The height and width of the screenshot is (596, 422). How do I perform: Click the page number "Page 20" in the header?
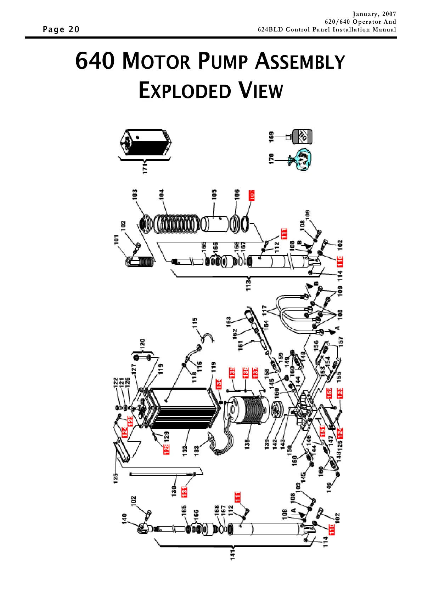tap(61, 29)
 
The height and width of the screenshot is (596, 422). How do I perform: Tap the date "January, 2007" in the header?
tap(374, 14)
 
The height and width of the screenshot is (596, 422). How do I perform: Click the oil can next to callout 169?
tap(302, 137)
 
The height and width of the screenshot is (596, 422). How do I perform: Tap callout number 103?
tap(135, 195)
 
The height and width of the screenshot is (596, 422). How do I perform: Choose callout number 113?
tap(249, 284)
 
